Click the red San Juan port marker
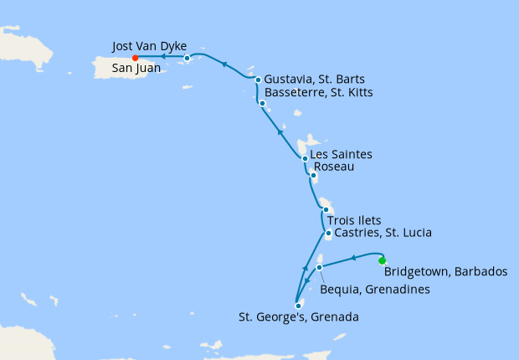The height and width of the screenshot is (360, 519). coord(135,58)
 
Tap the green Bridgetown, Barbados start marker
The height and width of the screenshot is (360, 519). coord(383,260)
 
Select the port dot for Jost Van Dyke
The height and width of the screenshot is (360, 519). coord(187,59)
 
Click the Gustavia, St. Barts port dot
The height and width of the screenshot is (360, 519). coord(258,80)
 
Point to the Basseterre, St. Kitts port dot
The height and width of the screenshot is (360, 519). coord(262,104)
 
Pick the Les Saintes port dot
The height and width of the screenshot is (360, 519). coord(304,158)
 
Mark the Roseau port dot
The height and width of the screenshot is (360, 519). coord(313,176)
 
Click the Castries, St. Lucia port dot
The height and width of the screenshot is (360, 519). coord(329,234)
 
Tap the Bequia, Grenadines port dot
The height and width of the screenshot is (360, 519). coord(320,268)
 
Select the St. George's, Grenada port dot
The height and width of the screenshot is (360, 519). coord(298,305)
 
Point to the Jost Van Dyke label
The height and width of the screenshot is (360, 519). coord(148,45)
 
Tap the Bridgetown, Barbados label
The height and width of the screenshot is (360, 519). coord(444,272)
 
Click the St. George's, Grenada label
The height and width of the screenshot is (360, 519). coord(299,317)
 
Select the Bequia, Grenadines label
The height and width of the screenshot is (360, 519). coord(375,290)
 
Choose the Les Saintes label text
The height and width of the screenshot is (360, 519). coord(341,155)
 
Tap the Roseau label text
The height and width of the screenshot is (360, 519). coord(332,167)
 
